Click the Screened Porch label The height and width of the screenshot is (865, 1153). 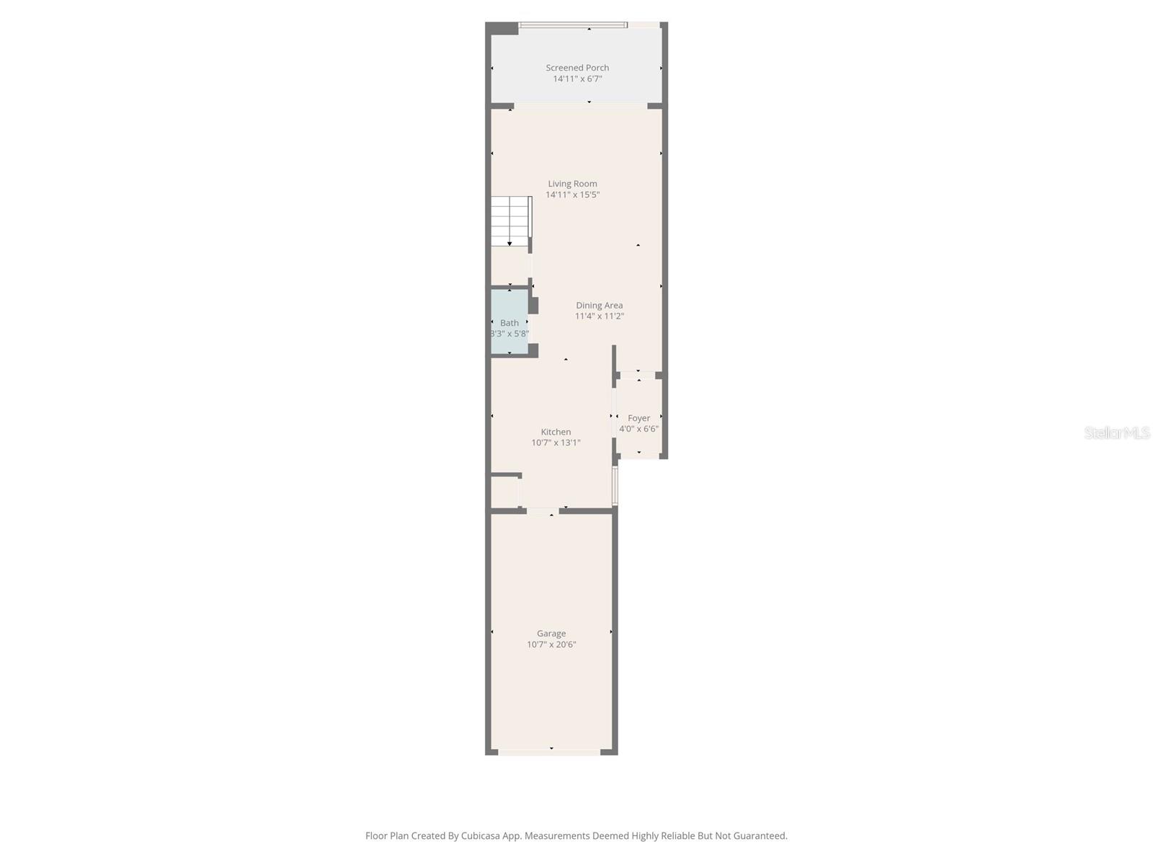pos(577,68)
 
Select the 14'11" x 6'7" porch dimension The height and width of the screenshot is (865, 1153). pos(577,79)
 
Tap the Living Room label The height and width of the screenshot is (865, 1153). pos(572,184)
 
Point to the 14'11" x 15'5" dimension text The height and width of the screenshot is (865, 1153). pos(572,195)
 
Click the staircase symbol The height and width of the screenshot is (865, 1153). pos(510,221)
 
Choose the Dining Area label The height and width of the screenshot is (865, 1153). pos(599,306)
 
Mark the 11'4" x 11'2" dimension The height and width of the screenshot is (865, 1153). pos(599,316)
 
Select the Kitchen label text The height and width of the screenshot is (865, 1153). pos(556,432)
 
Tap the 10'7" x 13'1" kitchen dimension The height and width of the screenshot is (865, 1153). pos(556,443)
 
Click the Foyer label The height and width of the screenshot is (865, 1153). pos(638,418)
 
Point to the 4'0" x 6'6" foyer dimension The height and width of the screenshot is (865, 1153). pos(638,429)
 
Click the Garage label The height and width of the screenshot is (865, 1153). pos(551,634)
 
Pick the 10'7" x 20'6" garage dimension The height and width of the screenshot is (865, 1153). pos(551,644)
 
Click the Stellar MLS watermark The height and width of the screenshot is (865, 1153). pos(1117,432)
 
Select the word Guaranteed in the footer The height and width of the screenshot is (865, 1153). pos(761,836)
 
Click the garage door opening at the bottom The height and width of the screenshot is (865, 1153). pos(549,752)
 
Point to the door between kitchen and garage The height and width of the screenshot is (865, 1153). pos(542,511)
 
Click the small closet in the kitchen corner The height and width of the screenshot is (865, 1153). pos(504,492)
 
